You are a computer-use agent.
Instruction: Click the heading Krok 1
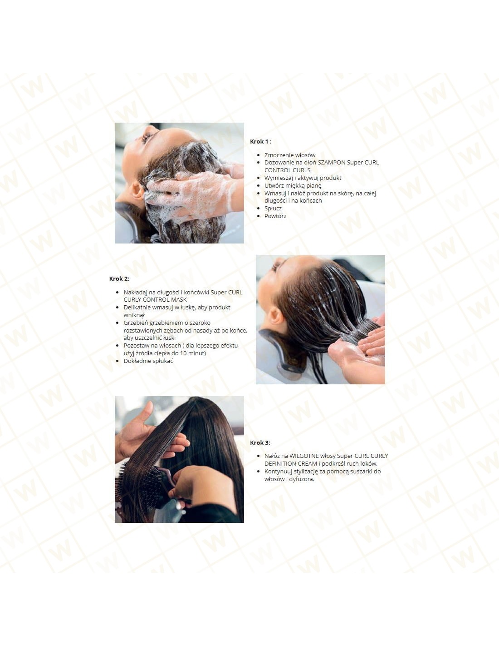point(261,141)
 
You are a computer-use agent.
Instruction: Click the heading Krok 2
point(119,278)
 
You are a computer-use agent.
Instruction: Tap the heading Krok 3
point(260,442)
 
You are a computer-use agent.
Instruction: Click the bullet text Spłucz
point(273,209)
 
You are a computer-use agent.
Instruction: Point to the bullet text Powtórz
point(275,216)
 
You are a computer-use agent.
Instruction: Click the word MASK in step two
point(179,300)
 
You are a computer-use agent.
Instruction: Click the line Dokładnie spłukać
point(148,361)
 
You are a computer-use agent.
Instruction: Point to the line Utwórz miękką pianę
point(293,186)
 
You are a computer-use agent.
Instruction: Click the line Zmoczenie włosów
point(290,155)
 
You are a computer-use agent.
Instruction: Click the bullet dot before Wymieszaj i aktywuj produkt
point(258,178)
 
